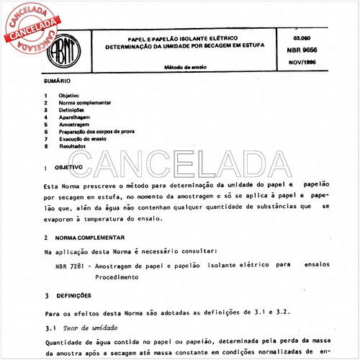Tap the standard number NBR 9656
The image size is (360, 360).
pyautogui.click(x=309, y=53)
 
